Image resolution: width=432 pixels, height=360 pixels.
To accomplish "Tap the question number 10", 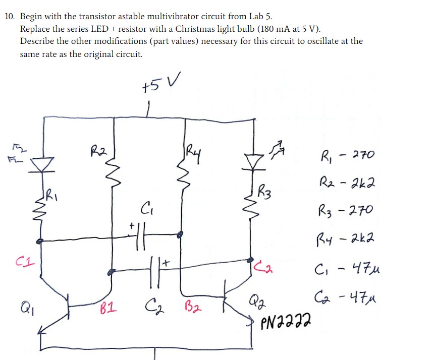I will tap(10, 16).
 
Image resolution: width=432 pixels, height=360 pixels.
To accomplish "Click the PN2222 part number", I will tap(285, 319).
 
